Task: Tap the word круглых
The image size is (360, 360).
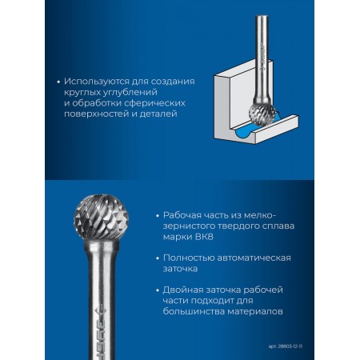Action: tap(82, 92)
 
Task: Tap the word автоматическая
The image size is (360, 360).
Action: tap(254, 258)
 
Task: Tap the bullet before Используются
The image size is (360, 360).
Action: tap(58, 82)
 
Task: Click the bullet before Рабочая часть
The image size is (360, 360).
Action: tap(158, 215)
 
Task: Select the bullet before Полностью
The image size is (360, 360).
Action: tap(158, 258)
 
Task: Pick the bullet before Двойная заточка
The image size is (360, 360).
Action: tap(158, 290)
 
